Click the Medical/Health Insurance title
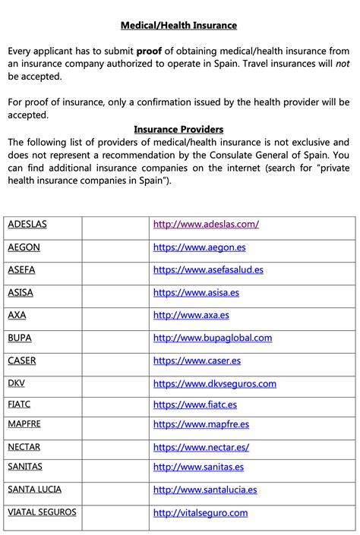[179, 25]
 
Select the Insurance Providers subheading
[178, 129]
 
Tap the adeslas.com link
[206, 224]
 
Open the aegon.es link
[199, 247]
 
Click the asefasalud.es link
[208, 269]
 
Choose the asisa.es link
[196, 292]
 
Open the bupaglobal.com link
[213, 338]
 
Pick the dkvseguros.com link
[214, 383]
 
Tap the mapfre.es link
[201, 425]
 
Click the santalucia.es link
[205, 490]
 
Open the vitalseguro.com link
[201, 513]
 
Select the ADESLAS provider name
[27, 224]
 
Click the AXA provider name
[17, 315]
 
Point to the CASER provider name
[22, 360]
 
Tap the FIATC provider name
[20, 404]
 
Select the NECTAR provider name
[24, 447]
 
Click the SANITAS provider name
[25, 467]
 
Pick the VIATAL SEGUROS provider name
[43, 512]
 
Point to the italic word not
[343, 64]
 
